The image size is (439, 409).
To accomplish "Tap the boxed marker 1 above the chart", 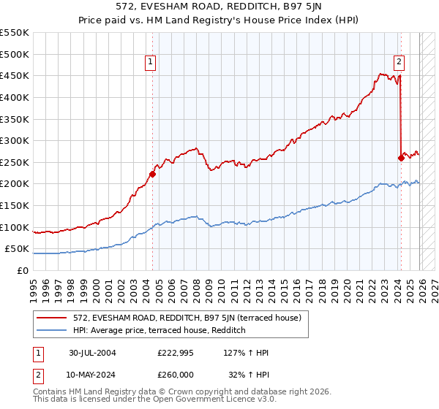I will point(150,63).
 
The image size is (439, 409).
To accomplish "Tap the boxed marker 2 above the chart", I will point(399,63).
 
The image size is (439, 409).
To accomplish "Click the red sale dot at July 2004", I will point(152,174).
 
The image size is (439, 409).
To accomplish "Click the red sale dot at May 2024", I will point(401,158).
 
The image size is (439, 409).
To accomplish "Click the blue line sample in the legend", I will point(53,331).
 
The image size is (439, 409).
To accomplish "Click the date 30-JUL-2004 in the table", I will point(92,353).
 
